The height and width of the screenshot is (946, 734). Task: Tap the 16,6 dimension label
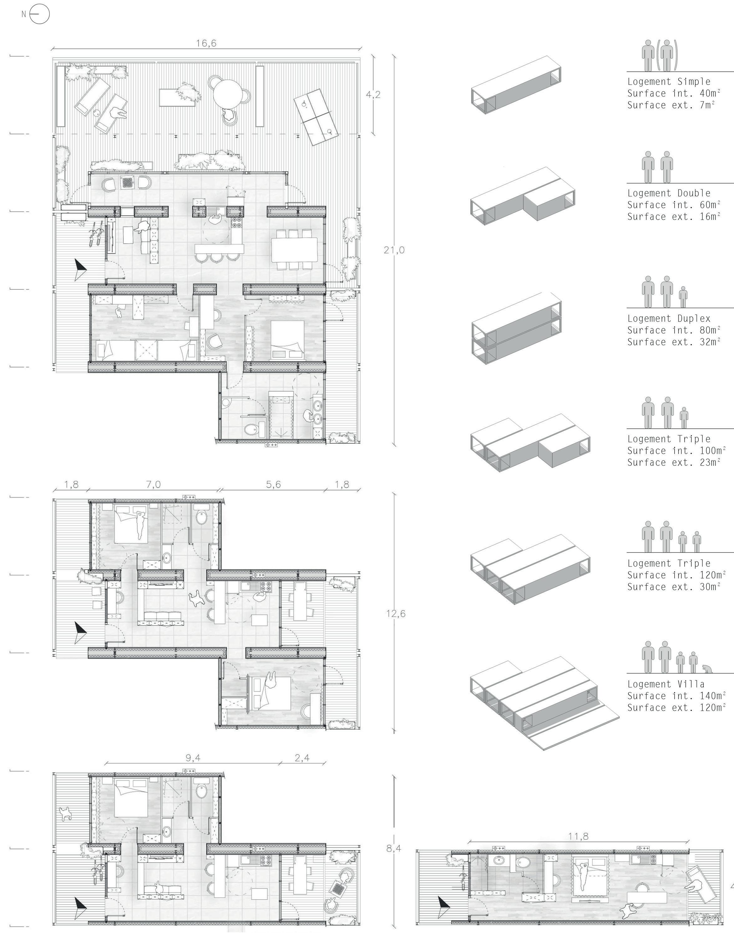point(206,43)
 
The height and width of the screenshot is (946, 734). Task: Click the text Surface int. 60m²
point(674,205)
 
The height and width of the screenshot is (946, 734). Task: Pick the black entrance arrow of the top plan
point(80,269)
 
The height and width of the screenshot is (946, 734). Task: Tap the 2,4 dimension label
point(302,758)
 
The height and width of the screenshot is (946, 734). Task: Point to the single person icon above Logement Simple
point(648,55)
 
